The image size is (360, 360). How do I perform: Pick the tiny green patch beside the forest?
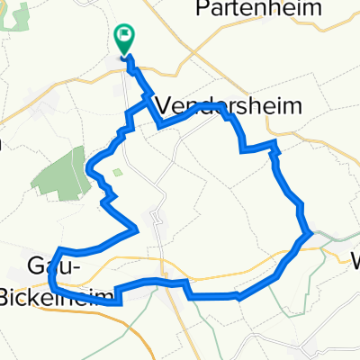click(117, 171)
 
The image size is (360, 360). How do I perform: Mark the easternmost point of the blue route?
click(312, 233)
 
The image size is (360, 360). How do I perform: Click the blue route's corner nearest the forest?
click(88, 167)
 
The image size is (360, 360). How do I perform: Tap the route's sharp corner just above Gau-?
click(59, 249)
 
